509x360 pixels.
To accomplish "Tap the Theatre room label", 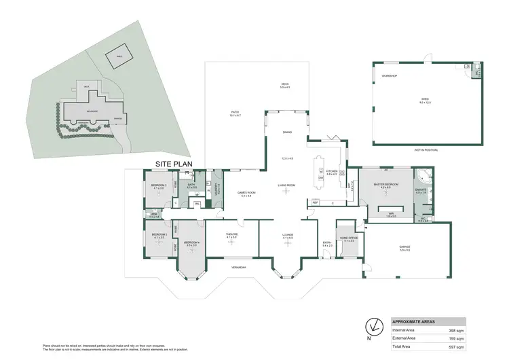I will pos(231,234).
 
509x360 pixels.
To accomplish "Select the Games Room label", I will pos(246,194).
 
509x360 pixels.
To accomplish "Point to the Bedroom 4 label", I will pos(191,242).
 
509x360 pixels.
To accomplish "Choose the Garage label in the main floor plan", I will pos(405,249).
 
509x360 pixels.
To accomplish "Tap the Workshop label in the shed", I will pos(389,75).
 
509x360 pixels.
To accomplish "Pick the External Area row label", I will pos(406,338).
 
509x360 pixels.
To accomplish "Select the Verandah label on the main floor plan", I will pos(235,266).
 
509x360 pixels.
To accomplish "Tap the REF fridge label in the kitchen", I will pos(315,202).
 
